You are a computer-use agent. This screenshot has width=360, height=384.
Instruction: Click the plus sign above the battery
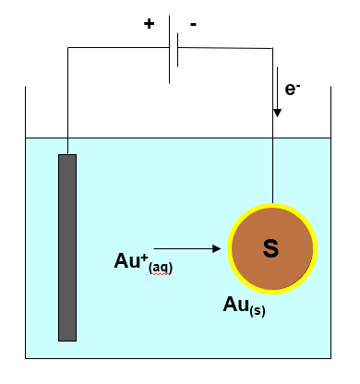coord(150,24)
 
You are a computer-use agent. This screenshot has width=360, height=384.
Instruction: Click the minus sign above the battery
coord(194,25)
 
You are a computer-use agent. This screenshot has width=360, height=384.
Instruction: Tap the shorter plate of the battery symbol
coord(177,56)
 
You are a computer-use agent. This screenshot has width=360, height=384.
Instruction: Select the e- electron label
coord(293,89)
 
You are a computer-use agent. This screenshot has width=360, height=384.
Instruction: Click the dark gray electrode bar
coord(67,246)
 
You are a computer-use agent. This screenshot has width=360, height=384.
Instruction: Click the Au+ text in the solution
coord(125,261)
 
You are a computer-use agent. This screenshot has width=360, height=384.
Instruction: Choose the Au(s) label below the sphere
coord(244,306)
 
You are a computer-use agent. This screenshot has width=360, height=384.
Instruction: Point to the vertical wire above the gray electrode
coord(67,102)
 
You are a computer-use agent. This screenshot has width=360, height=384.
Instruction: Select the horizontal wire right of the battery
coord(226,48)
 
